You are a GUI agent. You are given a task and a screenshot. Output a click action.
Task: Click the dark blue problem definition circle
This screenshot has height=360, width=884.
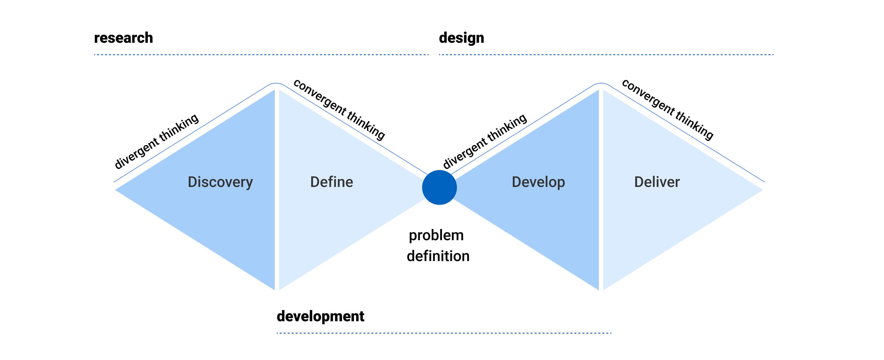[x=439, y=187]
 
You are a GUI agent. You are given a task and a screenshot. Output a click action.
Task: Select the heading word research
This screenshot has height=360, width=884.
[x=123, y=38]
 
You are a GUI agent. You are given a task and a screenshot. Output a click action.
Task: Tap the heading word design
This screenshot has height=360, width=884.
[x=461, y=38]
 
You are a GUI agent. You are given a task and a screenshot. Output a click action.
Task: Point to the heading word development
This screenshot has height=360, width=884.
[x=320, y=316]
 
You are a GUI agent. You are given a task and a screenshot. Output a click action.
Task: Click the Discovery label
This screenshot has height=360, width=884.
[x=220, y=182]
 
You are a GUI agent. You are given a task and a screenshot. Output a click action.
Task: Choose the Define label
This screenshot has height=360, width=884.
[x=332, y=182]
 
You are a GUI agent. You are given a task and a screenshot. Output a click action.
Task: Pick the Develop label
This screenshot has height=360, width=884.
[x=539, y=182]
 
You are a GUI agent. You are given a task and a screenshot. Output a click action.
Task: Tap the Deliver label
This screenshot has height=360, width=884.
[x=657, y=182]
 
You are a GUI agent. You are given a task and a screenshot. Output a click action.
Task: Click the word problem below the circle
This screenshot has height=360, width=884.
[x=436, y=236]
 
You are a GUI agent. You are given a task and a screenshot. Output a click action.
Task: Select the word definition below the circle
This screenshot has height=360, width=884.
[x=438, y=256]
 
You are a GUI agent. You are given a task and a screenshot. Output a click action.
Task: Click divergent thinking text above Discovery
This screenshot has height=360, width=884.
[x=157, y=141]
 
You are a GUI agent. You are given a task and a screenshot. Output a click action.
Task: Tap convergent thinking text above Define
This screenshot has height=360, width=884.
[x=339, y=110]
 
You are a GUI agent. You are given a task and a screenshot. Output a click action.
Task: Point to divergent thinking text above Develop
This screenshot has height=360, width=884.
[x=485, y=141]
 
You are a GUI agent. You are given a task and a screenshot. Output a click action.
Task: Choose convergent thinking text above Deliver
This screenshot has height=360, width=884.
[x=668, y=110]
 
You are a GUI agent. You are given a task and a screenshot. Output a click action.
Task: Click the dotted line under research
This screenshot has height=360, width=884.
[x=261, y=55]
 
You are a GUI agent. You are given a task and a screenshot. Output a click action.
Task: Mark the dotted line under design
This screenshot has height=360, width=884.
[x=606, y=55]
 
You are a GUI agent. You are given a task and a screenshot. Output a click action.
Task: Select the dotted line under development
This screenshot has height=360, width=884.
[x=444, y=333]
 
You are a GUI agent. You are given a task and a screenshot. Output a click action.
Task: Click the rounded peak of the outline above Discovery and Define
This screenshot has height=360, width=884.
[x=276, y=83]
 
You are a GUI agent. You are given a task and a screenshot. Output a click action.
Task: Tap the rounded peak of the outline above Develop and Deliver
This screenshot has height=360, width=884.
[x=601, y=83]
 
